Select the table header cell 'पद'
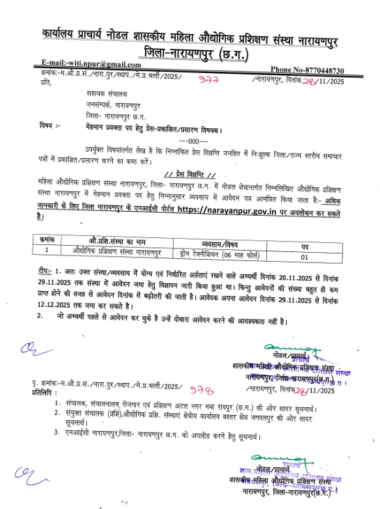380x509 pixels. coord(305,246)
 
